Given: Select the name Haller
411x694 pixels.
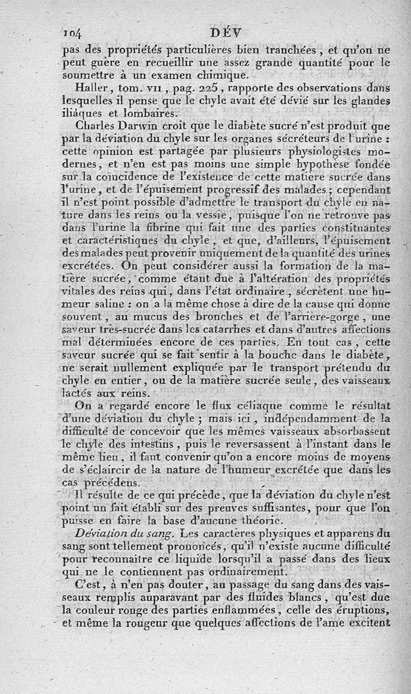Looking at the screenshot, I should tap(90, 87).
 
